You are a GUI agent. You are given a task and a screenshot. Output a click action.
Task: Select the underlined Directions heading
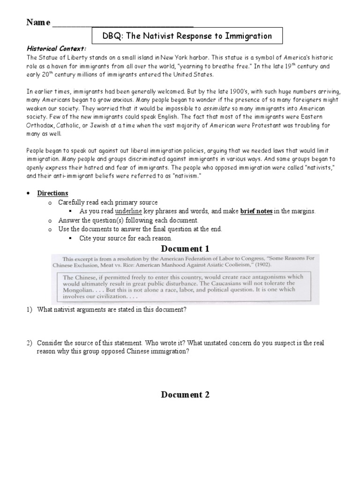(x=53, y=193)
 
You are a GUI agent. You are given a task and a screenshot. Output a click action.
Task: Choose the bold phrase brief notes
(x=256, y=211)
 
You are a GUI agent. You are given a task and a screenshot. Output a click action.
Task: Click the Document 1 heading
(x=185, y=248)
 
